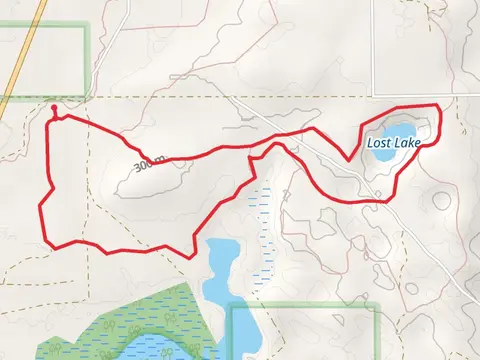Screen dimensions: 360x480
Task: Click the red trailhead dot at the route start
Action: click(x=53, y=104)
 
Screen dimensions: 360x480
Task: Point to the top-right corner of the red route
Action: click(x=439, y=104)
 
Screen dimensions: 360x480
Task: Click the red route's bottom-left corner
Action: click(x=47, y=243)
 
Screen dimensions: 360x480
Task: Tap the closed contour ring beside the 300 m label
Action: click(x=150, y=178)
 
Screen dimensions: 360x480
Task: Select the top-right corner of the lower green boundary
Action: click(x=377, y=308)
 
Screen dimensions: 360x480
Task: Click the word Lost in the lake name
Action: click(x=379, y=143)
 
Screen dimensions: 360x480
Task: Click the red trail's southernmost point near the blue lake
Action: click(x=191, y=256)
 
